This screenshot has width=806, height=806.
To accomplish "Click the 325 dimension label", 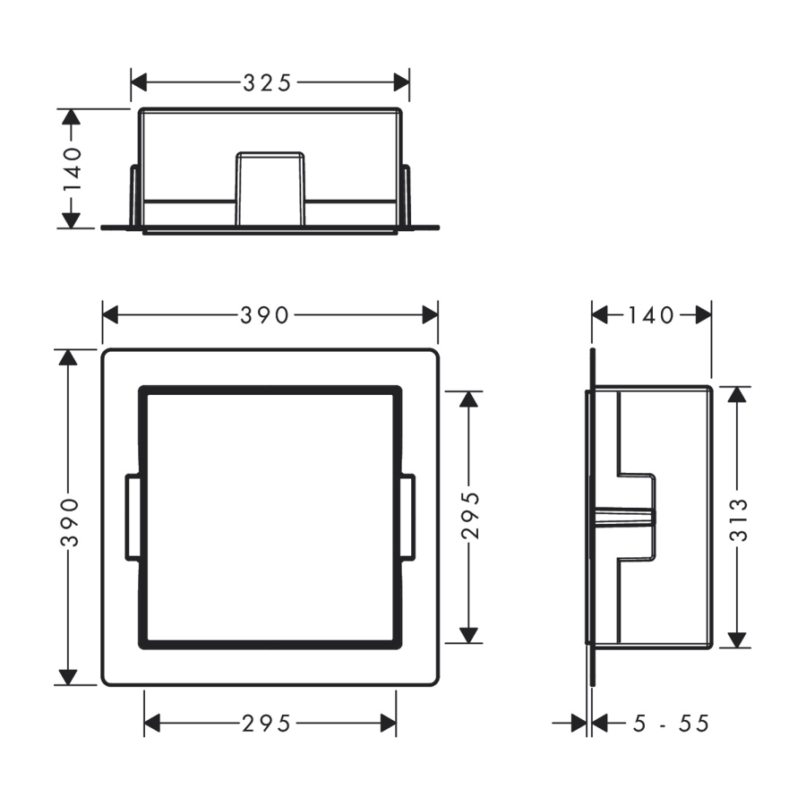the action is tap(267, 82).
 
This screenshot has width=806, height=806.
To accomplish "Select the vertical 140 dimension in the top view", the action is tap(72, 168).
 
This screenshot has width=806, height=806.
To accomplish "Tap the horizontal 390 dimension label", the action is tap(264, 315).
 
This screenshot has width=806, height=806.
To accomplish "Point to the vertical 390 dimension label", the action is tap(69, 522).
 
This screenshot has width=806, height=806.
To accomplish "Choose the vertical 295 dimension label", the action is tap(470, 515).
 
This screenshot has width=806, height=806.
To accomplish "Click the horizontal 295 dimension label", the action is tap(266, 724).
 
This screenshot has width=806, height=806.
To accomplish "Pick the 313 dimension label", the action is tap(739, 520).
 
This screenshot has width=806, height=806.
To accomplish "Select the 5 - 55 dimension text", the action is tap(671, 724).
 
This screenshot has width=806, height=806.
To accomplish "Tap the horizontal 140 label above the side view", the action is tap(651, 315).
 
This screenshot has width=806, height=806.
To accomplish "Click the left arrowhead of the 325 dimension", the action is tap(139, 82).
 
